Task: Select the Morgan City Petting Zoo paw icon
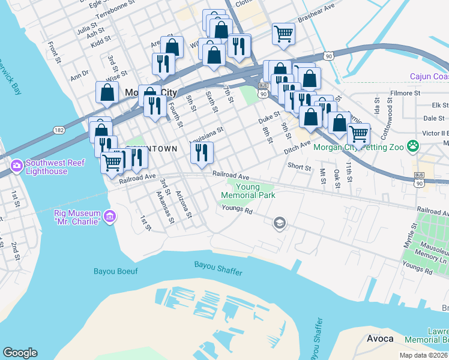[412, 146]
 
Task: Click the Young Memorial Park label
[248, 191]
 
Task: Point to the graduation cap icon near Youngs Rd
[279, 224]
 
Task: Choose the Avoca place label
[380, 339]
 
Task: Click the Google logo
[20, 353]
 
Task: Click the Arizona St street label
[184, 205]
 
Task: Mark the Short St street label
[299, 167]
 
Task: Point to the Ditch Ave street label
[298, 146]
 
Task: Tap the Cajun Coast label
[429, 76]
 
